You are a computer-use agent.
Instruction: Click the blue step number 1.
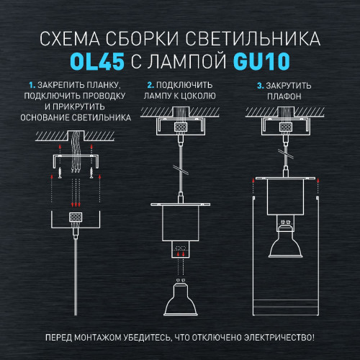30,86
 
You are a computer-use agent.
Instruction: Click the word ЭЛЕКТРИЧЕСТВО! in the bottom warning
281,338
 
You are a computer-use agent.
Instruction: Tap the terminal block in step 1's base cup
74,216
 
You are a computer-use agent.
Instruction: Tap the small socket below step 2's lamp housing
179,251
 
